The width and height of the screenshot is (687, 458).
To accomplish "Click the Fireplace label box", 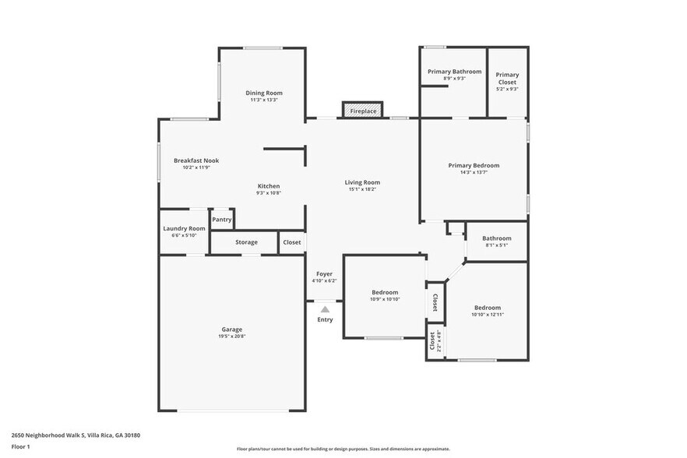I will (363, 111).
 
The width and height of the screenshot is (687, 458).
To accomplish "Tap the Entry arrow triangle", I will (325, 310).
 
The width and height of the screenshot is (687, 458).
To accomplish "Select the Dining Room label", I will (264, 93).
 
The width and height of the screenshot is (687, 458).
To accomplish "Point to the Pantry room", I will (222, 220).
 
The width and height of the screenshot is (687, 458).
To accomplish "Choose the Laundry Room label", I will (184, 228).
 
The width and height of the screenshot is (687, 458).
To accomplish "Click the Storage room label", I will (246, 242).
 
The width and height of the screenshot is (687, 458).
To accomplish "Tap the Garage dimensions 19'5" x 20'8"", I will (231, 336).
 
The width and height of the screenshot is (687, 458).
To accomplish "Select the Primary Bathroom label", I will (454, 72).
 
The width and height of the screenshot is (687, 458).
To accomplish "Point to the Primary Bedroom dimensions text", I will (474, 172).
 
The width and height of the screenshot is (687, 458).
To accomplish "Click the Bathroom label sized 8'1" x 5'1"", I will (496, 238).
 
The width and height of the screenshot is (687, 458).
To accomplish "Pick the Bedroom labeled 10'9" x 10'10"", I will (385, 293).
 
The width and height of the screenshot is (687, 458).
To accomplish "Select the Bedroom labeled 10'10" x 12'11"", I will (488, 308).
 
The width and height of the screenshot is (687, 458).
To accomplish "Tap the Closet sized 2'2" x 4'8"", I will (434, 340).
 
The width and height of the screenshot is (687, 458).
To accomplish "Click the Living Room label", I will (362, 182).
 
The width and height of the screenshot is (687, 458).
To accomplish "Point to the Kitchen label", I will (269, 186).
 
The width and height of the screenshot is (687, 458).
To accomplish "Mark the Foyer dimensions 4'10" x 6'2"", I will (324, 280).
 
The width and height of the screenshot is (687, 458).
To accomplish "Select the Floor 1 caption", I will (20, 446).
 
